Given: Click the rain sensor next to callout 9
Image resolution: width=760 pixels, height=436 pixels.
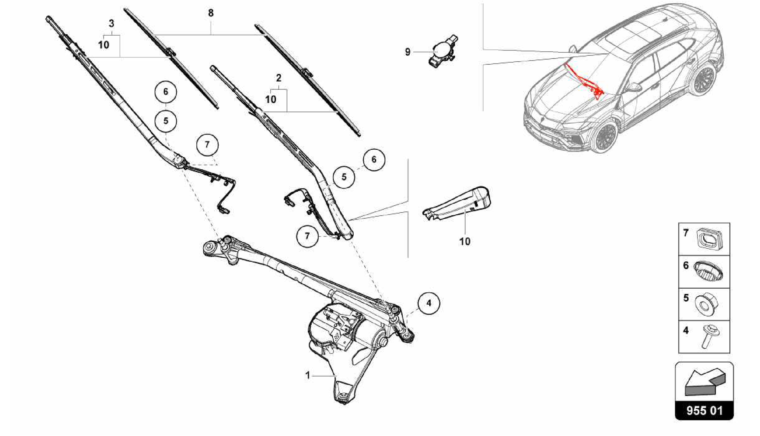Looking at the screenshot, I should [442, 52].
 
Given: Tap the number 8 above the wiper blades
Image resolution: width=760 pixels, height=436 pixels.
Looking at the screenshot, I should [211, 13].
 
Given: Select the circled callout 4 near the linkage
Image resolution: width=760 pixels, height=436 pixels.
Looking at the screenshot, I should [429, 303].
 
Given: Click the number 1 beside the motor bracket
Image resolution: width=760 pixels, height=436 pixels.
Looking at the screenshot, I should [307, 375].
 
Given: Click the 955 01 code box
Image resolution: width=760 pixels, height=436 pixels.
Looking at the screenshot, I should [704, 410].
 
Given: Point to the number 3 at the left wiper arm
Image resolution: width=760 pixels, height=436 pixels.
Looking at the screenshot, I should [111, 23].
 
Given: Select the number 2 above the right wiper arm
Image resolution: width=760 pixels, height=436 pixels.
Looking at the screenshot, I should [279, 78].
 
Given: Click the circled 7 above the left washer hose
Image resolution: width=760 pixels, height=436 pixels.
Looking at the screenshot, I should [207, 144].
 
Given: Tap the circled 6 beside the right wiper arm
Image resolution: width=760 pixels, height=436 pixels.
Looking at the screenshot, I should [374, 159].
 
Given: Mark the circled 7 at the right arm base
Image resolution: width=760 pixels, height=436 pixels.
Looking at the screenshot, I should [307, 236].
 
